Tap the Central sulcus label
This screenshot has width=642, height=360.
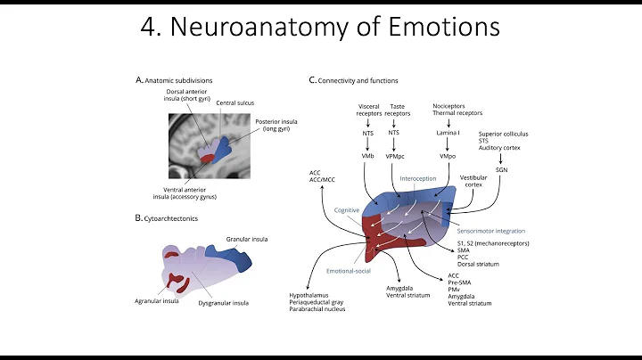pos(235,102)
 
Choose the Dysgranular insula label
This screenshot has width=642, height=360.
pos(223,303)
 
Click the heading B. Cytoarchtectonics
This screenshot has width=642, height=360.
pos(169,217)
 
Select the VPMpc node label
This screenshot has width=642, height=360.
pos(394,156)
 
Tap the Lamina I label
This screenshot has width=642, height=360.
pos(448,133)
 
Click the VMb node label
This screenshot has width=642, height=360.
pos(368,156)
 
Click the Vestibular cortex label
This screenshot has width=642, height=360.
pos(473,182)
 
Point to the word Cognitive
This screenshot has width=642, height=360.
pos(347,209)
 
